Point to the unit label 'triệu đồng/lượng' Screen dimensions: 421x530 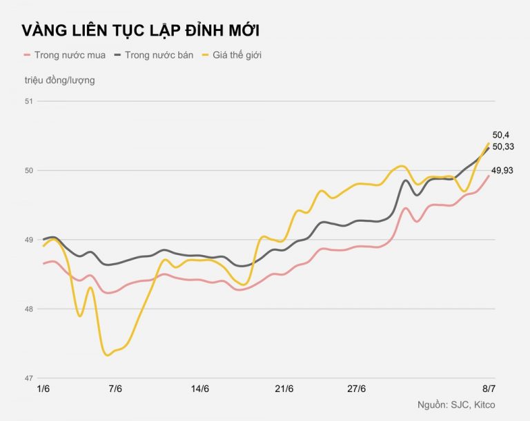[60, 79]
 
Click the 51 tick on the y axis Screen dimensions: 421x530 [28, 101]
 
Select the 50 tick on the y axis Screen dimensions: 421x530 [28, 171]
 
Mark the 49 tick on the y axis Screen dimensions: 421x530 [28, 240]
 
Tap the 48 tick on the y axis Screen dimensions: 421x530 [28, 309]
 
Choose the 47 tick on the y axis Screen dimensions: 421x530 [28, 378]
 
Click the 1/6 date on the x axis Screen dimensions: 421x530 [43, 389]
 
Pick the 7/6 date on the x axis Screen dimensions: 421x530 [115, 389]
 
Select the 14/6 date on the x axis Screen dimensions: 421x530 [200, 389]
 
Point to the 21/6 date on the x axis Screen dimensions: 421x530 [284, 389]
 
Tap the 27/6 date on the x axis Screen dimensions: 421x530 [357, 389]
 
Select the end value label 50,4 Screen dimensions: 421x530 [500, 136]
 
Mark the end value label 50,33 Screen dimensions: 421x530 [503, 147]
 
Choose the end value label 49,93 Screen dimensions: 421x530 [503, 171]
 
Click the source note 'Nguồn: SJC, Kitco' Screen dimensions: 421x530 [456, 404]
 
